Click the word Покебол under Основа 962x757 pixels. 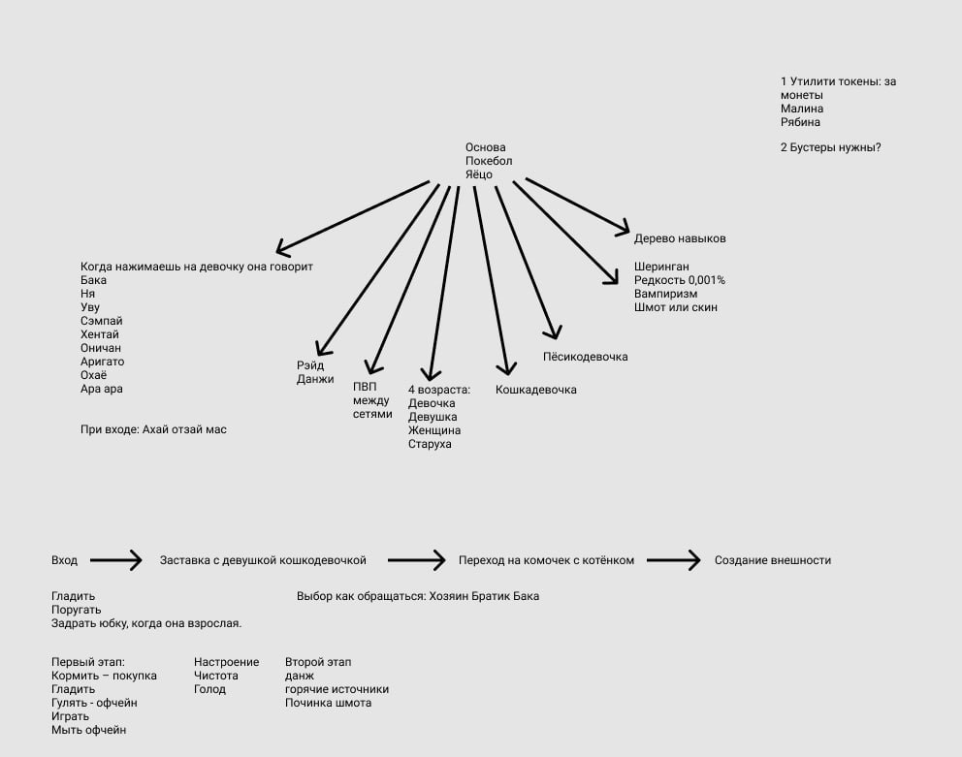489,161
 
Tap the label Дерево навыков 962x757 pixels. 680,238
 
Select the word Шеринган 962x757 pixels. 661,267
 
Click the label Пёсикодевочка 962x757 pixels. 585,357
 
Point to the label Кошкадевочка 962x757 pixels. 535,390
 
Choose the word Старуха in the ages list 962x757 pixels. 430,444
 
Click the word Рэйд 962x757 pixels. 310,365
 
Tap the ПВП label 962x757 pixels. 364,387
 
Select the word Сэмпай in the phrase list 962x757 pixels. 102,321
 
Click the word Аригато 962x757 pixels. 102,362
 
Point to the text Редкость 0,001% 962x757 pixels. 680,280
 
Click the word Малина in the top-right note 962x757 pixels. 801,109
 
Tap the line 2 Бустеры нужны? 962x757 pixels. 830,147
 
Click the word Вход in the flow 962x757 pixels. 64,560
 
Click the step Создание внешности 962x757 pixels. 772,560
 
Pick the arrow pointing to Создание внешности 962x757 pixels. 673,560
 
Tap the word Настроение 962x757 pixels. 226,662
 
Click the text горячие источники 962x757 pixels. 337,689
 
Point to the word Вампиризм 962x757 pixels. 665,294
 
